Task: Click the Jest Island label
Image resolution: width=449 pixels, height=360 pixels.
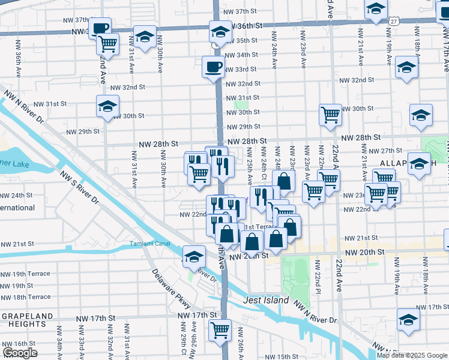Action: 267,300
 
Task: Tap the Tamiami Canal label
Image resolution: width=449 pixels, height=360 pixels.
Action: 150,244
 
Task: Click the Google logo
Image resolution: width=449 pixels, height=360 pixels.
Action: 20,353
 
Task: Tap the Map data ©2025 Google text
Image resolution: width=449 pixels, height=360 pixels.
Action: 412,355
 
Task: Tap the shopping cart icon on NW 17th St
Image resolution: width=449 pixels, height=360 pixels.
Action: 220,329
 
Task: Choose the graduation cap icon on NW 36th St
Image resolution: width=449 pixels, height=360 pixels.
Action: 220,31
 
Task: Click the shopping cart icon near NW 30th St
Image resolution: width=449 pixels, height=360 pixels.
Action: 330,114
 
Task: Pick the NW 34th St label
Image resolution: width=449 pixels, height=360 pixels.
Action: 243,55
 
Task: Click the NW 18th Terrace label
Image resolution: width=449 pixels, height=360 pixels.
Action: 26,297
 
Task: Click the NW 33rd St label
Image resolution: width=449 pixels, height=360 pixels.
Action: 243,69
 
